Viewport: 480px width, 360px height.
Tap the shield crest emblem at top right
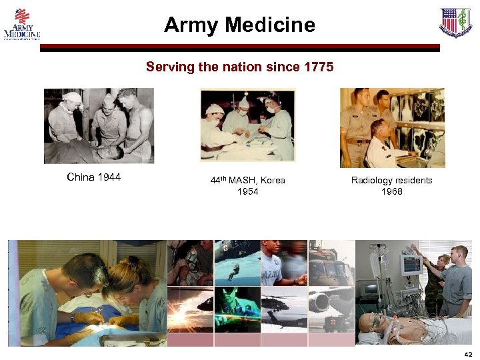(x=455, y=23)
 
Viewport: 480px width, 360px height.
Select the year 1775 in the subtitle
(x=319, y=67)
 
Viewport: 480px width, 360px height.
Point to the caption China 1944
(x=94, y=177)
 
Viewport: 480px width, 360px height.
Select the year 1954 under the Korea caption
(x=247, y=192)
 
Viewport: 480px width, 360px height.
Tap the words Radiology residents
(x=391, y=181)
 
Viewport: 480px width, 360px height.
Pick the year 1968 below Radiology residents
(x=391, y=192)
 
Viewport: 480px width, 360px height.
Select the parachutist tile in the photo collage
(x=237, y=264)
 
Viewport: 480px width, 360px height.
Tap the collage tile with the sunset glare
(x=189, y=310)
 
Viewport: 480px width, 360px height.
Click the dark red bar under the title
(x=240, y=48)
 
